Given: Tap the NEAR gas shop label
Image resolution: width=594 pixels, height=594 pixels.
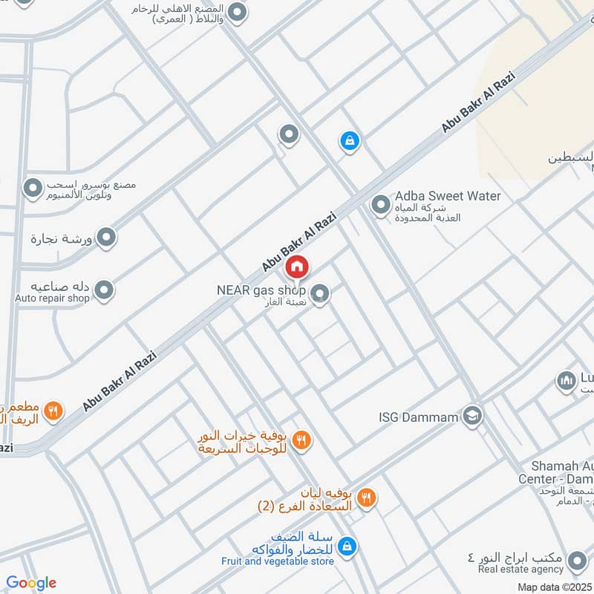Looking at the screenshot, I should [261, 290].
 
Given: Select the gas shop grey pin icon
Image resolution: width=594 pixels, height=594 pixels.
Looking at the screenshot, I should [320, 294].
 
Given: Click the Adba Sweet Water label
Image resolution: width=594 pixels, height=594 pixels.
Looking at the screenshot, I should [448, 196].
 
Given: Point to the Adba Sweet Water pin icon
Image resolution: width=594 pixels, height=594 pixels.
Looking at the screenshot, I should [381, 204].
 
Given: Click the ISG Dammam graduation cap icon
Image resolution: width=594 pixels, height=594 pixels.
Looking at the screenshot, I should [472, 416].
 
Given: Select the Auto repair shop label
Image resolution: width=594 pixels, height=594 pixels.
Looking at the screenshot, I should [52, 298].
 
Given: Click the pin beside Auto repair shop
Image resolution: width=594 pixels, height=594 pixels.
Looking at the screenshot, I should [105, 290].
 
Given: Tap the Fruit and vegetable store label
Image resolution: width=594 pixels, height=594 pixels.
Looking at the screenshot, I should [277, 561].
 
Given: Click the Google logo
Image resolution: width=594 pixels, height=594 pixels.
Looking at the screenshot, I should [31, 583].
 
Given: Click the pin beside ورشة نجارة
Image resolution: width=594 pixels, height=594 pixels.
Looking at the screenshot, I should [108, 238].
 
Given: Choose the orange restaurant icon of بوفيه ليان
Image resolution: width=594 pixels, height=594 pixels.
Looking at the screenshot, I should [365, 498].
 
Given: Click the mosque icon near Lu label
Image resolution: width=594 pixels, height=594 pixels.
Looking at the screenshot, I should [567, 382].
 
